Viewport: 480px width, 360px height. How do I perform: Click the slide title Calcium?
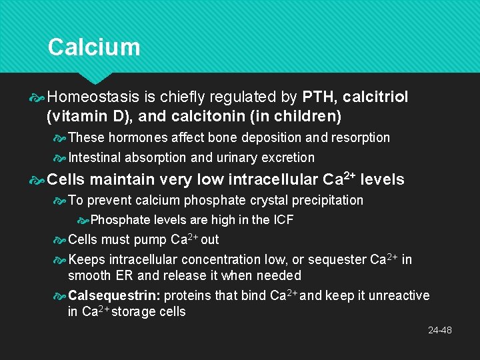pos(94,47)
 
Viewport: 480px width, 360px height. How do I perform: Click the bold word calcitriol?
pos(375,97)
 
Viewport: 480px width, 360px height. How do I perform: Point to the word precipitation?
pos(329,200)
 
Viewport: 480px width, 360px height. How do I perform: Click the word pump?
pos(150,240)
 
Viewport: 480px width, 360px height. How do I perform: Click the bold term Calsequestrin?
pos(114,295)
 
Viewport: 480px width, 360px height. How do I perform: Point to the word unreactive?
pos(399,295)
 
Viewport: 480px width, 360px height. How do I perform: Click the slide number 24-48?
pos(439,330)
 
